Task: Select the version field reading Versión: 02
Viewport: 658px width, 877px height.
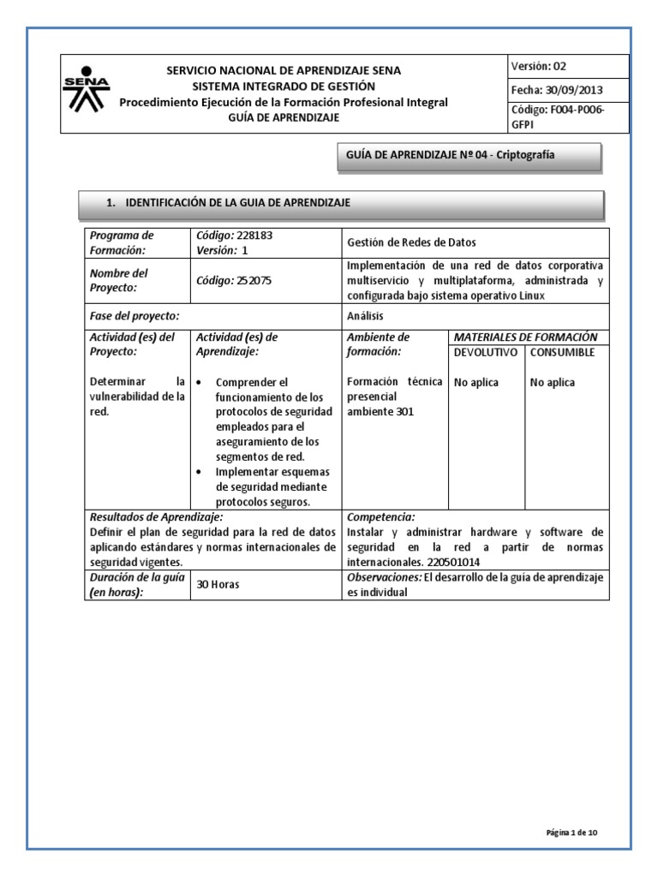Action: pyautogui.click(x=539, y=67)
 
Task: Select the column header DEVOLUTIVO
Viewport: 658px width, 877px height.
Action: pyautogui.click(x=485, y=352)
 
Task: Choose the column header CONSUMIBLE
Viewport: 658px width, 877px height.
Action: pyautogui.click(x=562, y=352)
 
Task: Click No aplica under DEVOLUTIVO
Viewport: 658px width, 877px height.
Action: pyautogui.click(x=476, y=383)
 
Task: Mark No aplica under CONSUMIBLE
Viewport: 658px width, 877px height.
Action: pyautogui.click(x=553, y=383)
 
